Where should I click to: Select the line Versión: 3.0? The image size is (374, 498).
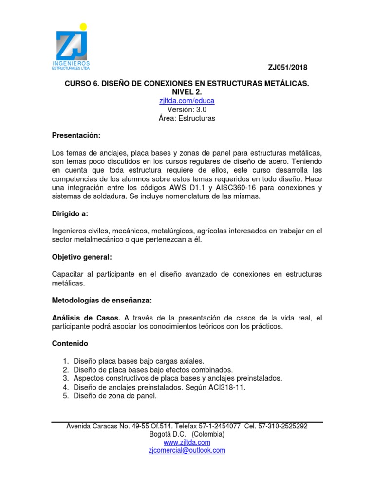[x=187, y=109]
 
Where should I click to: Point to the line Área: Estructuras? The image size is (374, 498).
[x=187, y=118]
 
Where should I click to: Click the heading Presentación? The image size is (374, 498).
[x=76, y=135]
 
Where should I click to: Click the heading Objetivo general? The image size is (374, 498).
[x=82, y=256]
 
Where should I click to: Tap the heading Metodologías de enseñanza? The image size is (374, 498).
[x=98, y=301]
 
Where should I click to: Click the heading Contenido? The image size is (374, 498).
[x=70, y=343]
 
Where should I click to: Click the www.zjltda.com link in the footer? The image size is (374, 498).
[x=187, y=442]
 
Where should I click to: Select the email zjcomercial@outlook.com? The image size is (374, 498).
[x=187, y=450]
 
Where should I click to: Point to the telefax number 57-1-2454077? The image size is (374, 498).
[x=219, y=426]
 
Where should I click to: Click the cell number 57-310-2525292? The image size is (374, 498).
[x=283, y=426]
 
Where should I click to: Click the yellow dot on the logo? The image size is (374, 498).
[x=83, y=26]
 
